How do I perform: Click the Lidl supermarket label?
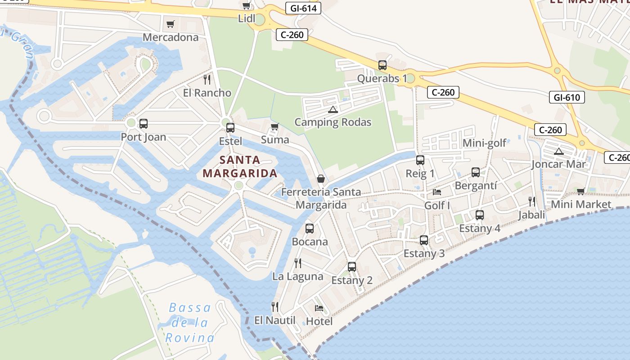[x=246, y=18]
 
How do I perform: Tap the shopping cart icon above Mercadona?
[x=170, y=24]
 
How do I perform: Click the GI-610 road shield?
[x=567, y=97]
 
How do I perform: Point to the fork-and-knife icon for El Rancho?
[x=207, y=80]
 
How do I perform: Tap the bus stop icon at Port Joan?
[x=144, y=123]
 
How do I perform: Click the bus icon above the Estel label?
[x=230, y=127]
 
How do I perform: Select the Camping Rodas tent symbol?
[x=333, y=109]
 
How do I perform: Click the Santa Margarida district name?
[x=240, y=166]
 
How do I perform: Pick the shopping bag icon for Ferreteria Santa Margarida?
[x=321, y=179]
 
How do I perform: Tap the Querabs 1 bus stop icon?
[x=382, y=65]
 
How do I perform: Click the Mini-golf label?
[x=484, y=143]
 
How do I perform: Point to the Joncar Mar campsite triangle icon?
[x=559, y=151]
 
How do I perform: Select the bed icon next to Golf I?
[x=437, y=192]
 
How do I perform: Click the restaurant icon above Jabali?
[x=532, y=201]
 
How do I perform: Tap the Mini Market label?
[x=581, y=204]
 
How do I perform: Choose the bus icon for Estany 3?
[x=424, y=240]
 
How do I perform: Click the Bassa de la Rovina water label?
[x=190, y=323]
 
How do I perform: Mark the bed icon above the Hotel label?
[x=319, y=308]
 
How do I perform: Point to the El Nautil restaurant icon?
[x=275, y=307]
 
